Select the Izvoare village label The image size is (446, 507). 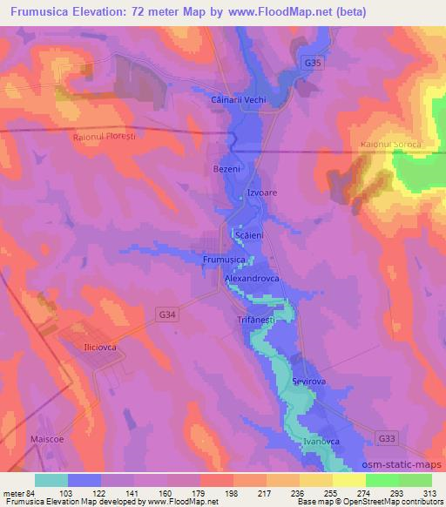[x=262, y=194]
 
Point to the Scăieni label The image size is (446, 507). [x=250, y=235]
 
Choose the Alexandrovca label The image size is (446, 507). [x=250, y=278]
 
